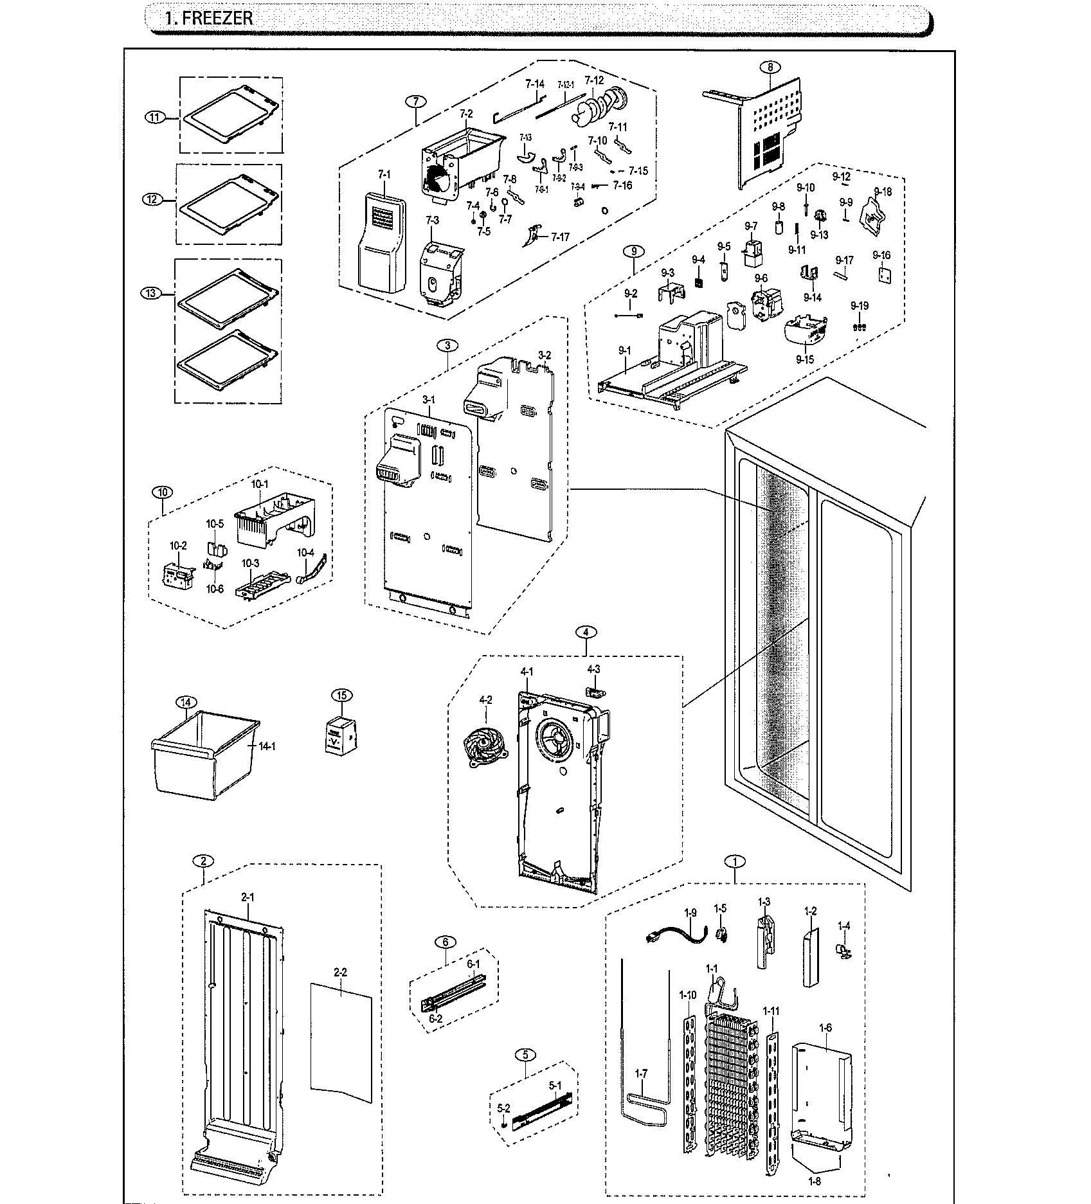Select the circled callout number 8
(x=770, y=66)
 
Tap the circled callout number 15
(x=341, y=696)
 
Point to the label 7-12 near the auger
(x=594, y=80)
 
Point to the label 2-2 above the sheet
(x=340, y=973)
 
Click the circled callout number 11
(x=154, y=117)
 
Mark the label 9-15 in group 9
(x=804, y=359)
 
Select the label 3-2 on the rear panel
(x=545, y=355)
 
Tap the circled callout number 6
(x=446, y=942)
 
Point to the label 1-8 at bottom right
(x=815, y=1181)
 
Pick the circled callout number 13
(x=150, y=293)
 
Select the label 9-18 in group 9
(x=883, y=192)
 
